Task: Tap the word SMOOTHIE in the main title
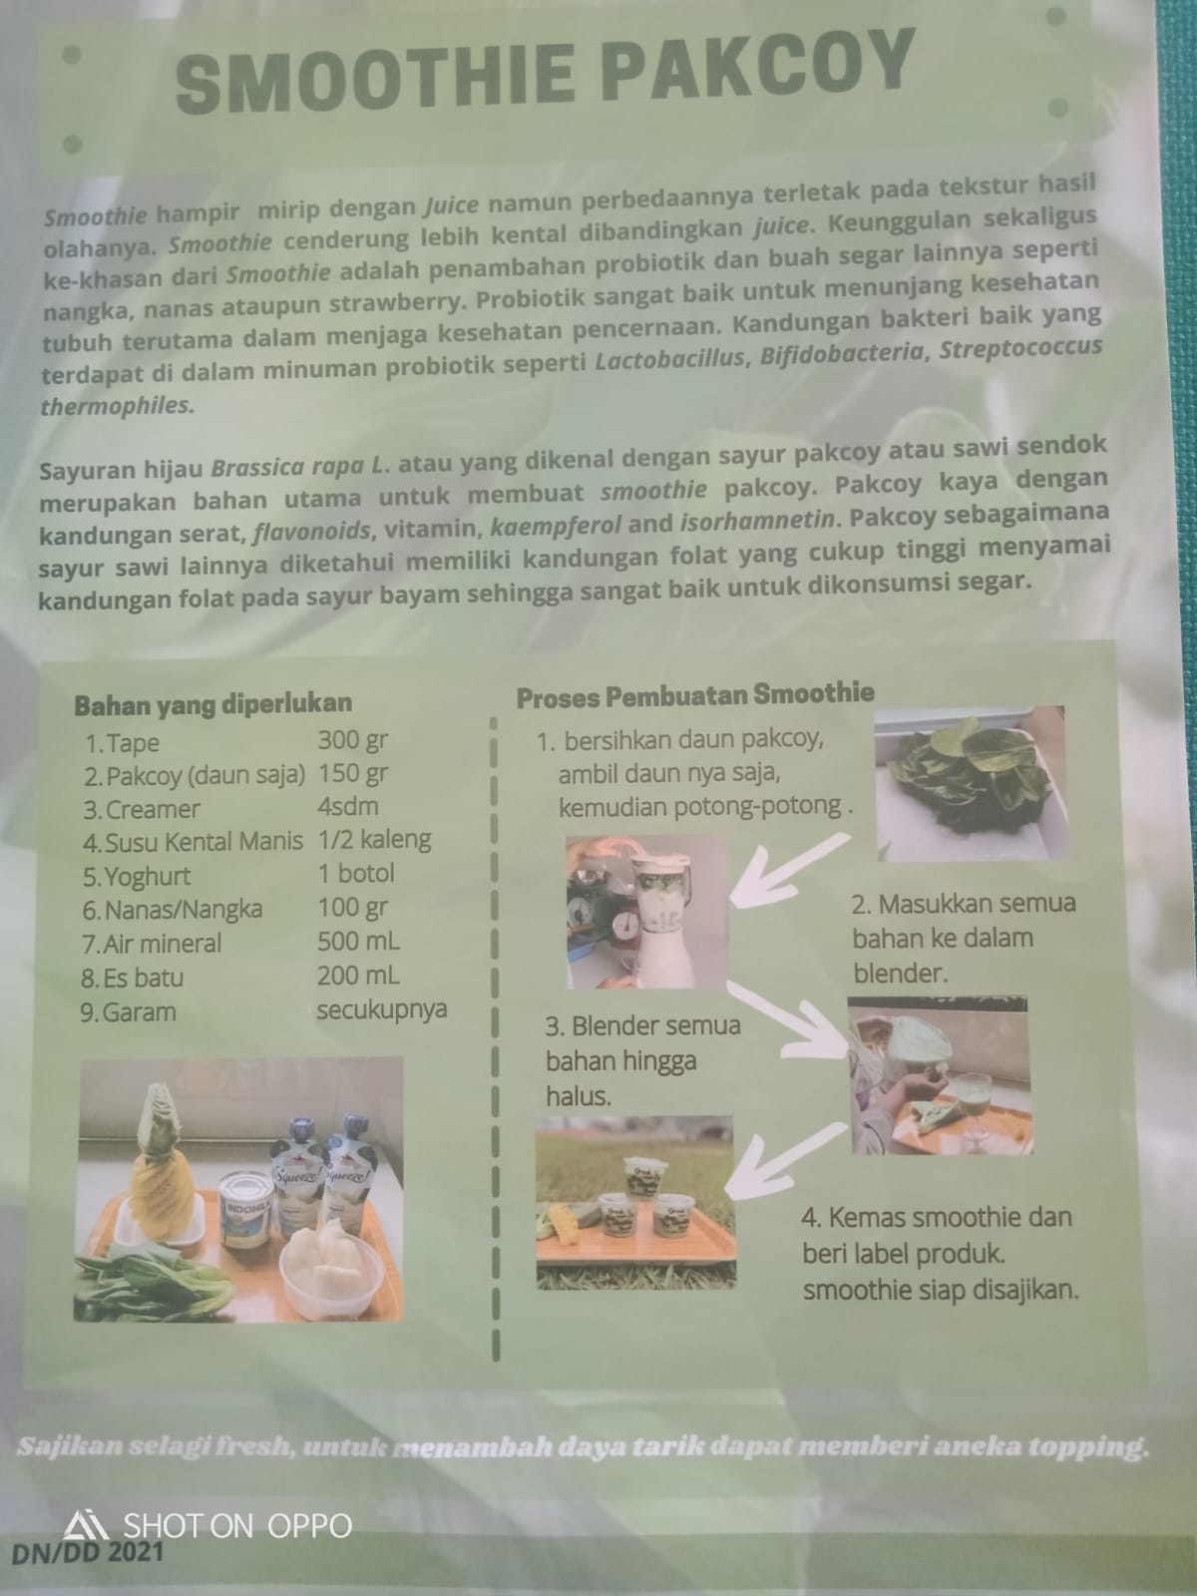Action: [375, 79]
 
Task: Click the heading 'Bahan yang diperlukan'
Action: [212, 703]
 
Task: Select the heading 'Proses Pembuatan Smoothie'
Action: [695, 695]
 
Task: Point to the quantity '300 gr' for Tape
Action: [352, 740]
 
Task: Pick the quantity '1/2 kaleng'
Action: [374, 840]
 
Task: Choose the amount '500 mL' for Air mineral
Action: [358, 942]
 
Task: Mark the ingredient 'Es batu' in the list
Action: [144, 978]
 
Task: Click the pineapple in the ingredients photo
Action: [161, 1163]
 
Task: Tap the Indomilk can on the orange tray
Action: [245, 1210]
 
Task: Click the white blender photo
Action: [646, 912]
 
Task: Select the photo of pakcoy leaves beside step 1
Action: [970, 783]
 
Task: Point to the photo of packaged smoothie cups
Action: [635, 1203]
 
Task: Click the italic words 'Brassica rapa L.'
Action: [301, 466]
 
